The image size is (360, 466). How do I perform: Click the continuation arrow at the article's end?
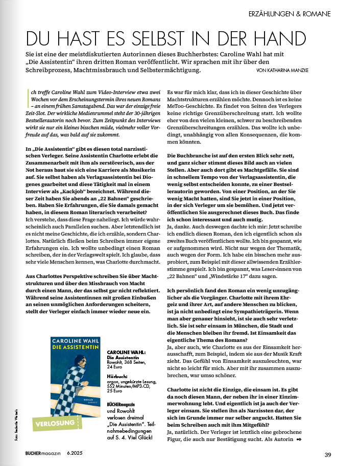tap(299, 439)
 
